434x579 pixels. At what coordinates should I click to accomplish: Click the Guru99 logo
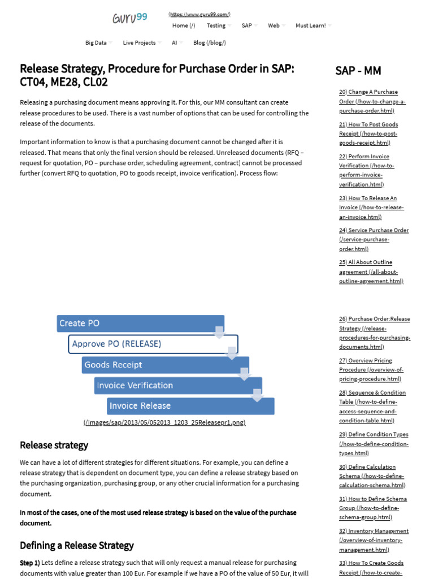pos(130,18)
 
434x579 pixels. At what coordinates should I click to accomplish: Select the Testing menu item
pos(216,25)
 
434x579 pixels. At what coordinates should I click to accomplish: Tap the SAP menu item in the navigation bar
pos(247,25)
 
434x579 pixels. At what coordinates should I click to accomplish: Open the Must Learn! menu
pos(311,25)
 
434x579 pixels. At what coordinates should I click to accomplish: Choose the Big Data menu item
pos(96,42)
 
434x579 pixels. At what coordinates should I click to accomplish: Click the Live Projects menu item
pos(139,42)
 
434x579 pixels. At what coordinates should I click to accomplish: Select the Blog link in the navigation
pos(210,42)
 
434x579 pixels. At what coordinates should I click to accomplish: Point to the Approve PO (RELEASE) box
pos(153,344)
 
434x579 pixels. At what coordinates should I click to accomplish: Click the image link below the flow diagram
pos(164,422)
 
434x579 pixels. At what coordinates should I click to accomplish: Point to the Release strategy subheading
pos(54,445)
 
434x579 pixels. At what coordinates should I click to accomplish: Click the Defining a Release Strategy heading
pos(77,546)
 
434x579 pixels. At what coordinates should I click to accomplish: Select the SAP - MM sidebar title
pos(358,71)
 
